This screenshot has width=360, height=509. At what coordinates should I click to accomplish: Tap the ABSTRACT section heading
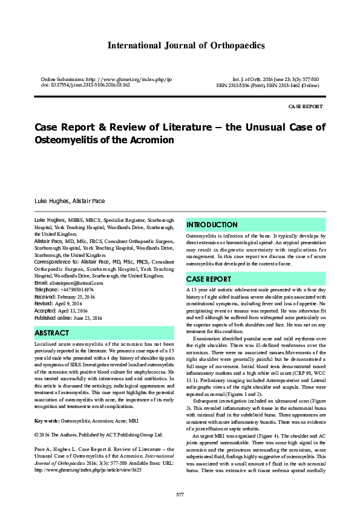(52, 333)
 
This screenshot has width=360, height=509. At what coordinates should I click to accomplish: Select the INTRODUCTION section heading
(212, 224)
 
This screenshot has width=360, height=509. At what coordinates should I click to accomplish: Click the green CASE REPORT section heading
(209, 279)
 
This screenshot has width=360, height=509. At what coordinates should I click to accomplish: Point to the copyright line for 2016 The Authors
(99, 418)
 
